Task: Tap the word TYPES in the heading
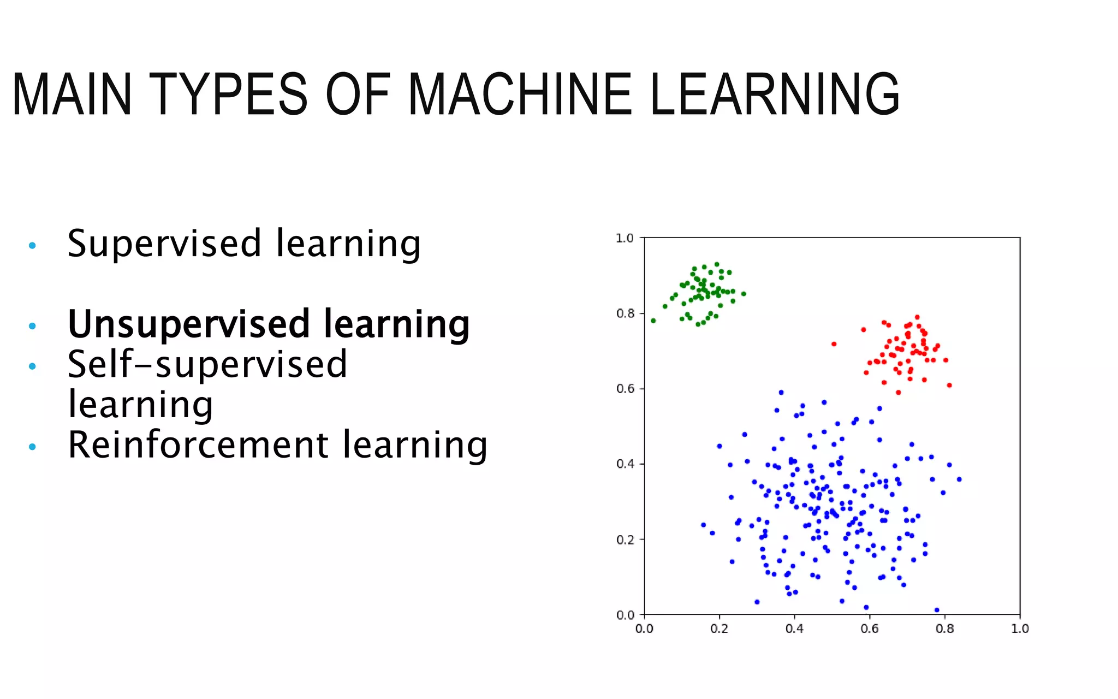click(228, 95)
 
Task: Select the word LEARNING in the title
click(775, 95)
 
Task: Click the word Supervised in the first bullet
click(164, 244)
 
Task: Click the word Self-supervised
click(207, 365)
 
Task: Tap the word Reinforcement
click(197, 445)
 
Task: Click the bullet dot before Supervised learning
click(32, 246)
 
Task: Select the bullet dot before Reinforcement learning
click(32, 447)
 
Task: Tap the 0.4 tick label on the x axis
click(794, 629)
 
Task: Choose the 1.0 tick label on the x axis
click(1019, 629)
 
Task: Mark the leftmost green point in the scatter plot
click(653, 321)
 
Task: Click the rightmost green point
click(744, 294)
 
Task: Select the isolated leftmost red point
click(834, 344)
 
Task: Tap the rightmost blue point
click(959, 479)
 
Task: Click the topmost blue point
click(781, 392)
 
